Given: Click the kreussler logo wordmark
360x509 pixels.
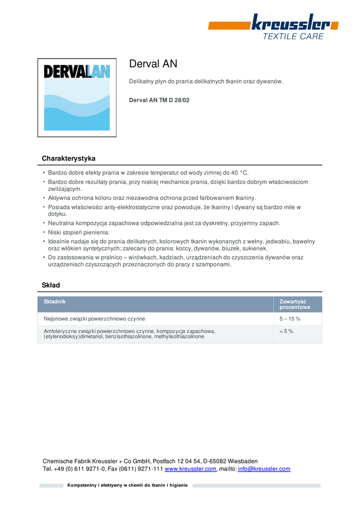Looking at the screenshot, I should point(289,23).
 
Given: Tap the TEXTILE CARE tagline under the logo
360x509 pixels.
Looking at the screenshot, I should point(293,36).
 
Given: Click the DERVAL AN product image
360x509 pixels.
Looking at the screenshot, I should point(77,97).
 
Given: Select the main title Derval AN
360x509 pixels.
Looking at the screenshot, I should point(153,64).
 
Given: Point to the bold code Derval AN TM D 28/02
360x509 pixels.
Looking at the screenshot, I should point(159,100).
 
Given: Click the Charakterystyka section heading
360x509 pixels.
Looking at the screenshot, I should point(69,159).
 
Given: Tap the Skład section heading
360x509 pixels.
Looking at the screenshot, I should point(51,285).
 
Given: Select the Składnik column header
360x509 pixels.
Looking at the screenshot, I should point(55,302).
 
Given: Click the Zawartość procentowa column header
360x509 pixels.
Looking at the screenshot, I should point(294,304).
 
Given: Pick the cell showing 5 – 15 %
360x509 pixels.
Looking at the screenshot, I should point(290,319).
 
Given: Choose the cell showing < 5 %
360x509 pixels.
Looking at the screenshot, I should point(286,332).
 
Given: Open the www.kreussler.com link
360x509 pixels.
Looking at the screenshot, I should point(190,469).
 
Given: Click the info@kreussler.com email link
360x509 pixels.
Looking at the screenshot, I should point(264,469).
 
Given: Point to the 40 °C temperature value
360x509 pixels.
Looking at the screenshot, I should point(240,173).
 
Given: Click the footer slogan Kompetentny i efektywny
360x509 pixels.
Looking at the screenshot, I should point(127,485).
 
